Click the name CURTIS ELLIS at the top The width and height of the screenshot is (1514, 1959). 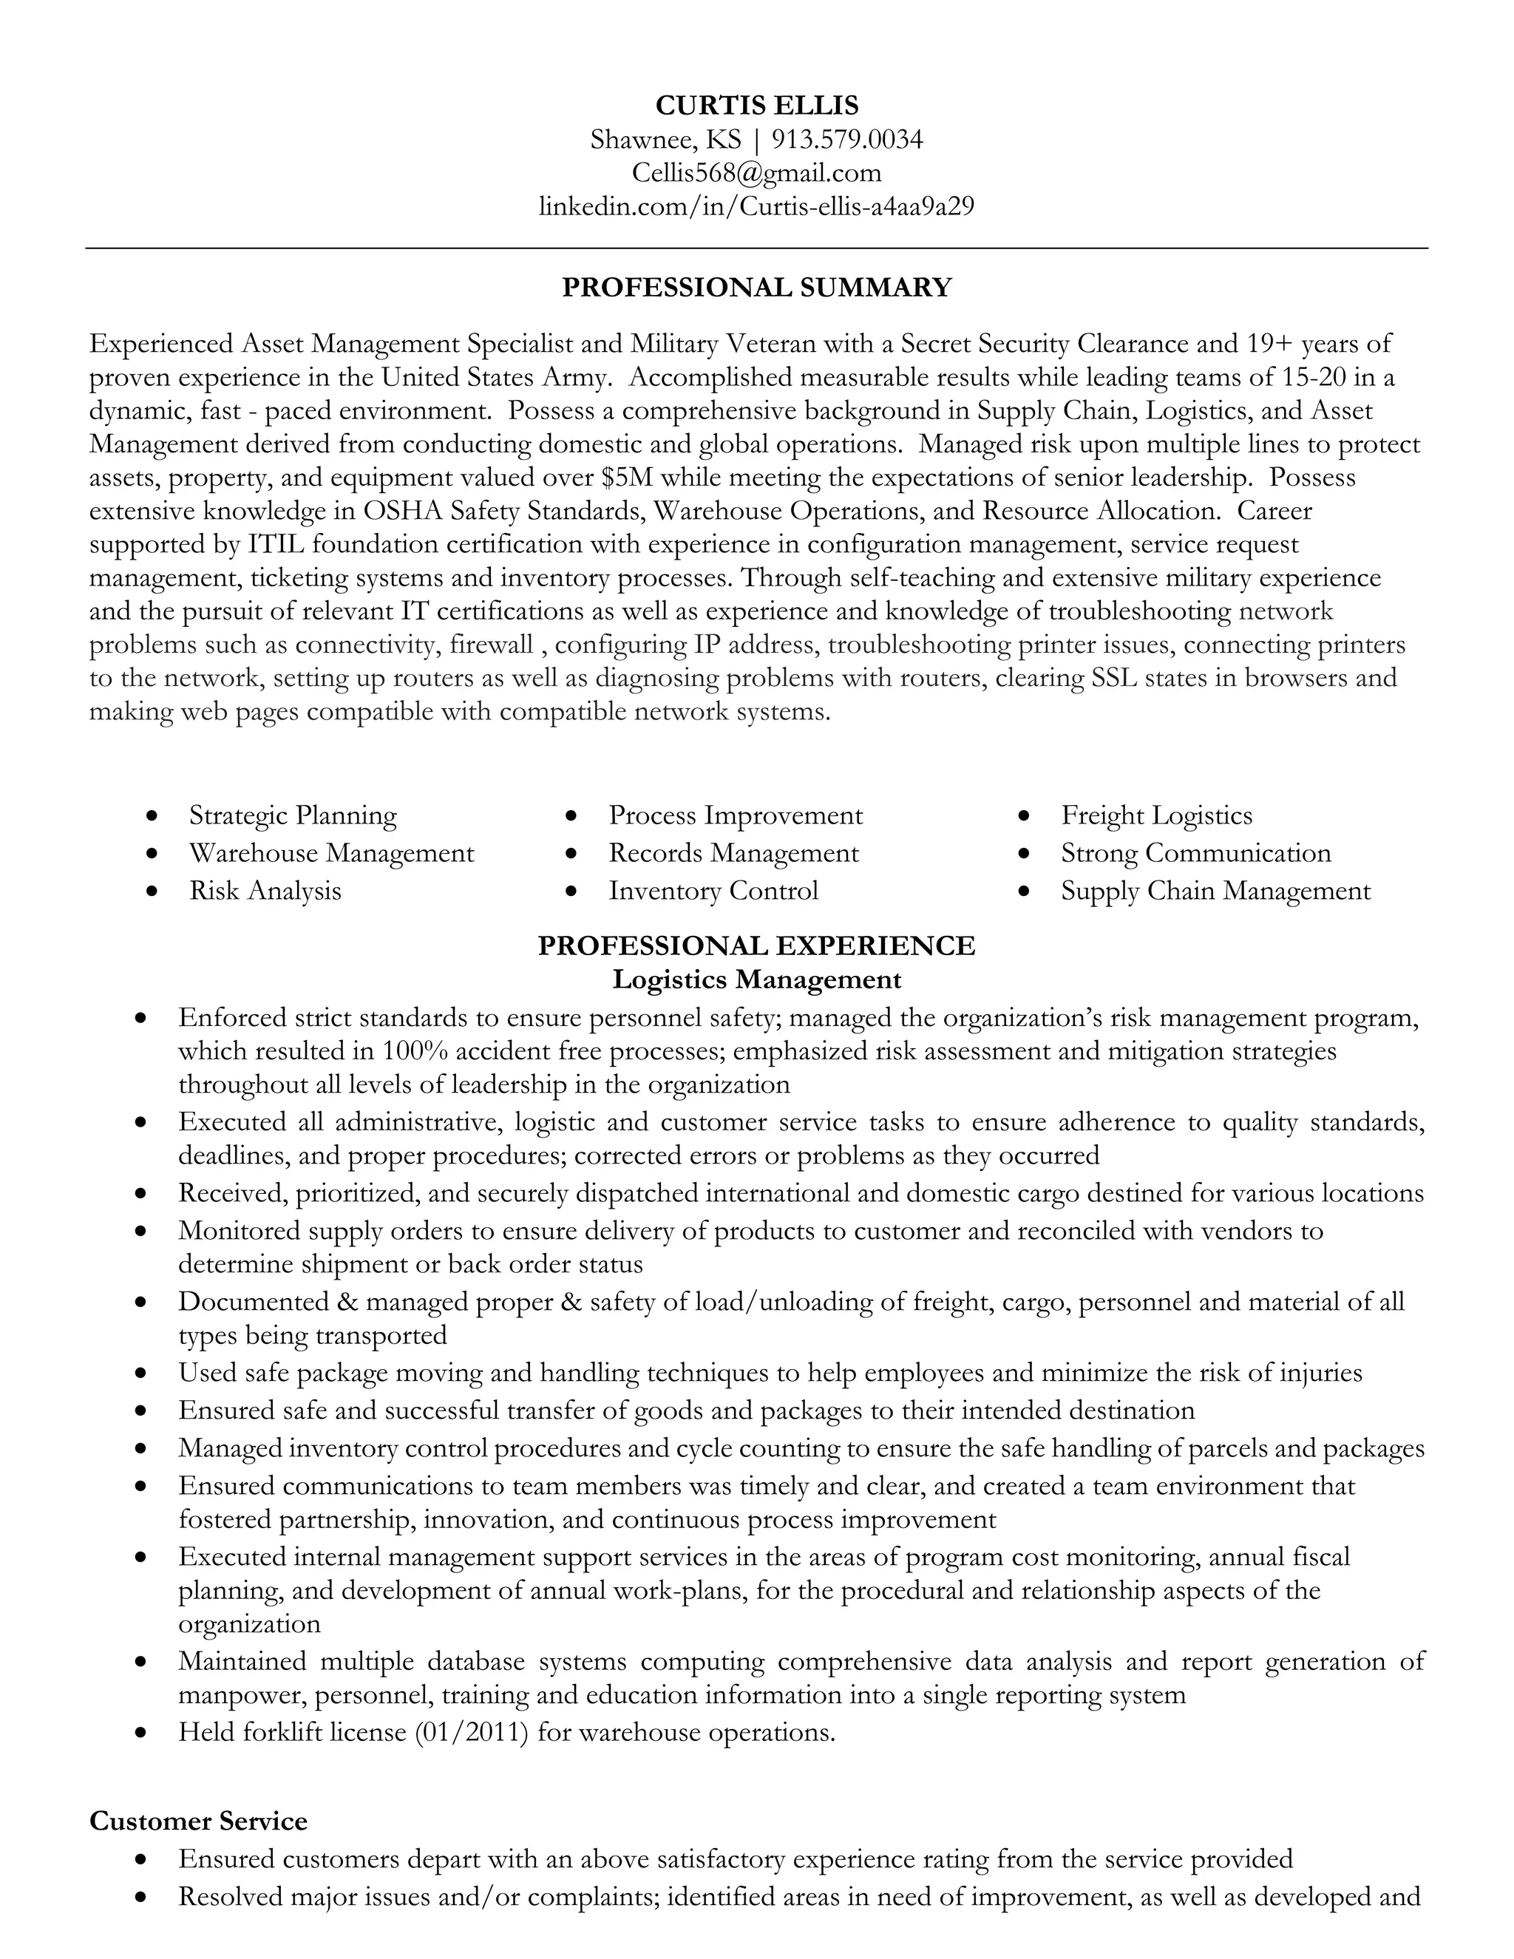(756, 106)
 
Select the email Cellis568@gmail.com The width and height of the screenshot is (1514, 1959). (756, 172)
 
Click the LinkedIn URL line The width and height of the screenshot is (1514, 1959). (756, 206)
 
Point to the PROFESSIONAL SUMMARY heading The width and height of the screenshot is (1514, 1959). (756, 288)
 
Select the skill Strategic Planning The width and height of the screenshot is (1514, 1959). (293, 815)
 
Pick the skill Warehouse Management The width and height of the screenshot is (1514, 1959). (331, 853)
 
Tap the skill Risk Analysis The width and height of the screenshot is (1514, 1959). (265, 891)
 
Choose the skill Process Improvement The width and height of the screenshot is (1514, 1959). (736, 815)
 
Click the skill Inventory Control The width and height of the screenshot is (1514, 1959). (713, 891)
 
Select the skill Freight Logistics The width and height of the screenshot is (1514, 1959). (1156, 815)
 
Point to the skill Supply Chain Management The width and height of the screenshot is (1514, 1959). (1215, 891)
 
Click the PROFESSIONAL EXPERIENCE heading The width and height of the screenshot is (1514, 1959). (756, 946)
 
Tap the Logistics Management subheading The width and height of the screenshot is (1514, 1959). (756, 979)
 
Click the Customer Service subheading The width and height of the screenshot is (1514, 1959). (198, 1822)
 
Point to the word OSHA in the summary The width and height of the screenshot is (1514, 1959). (402, 512)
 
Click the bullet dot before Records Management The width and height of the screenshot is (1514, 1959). (571, 854)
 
